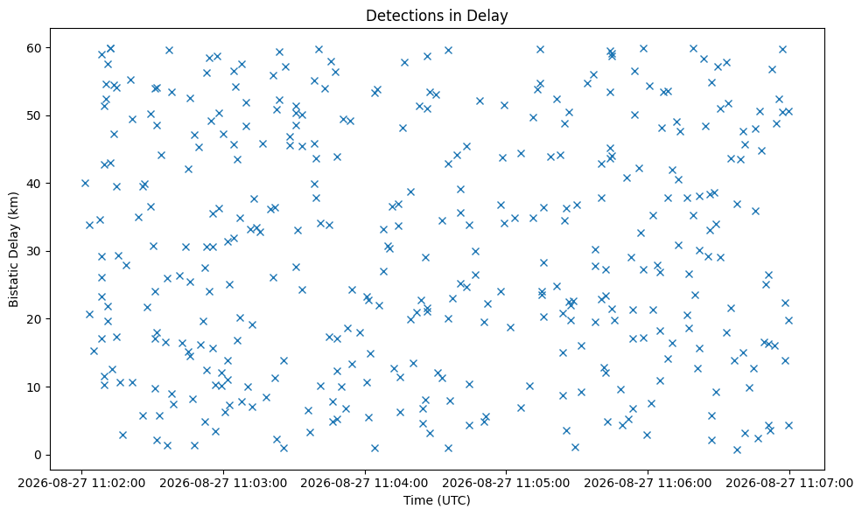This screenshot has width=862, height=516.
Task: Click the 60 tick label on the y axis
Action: [x=35, y=48]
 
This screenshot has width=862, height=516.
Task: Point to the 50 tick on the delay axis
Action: [x=35, y=115]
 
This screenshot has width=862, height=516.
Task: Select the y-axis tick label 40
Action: [x=35, y=184]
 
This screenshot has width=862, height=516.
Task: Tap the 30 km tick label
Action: [x=35, y=251]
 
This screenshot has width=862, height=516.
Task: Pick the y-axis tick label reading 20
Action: [x=35, y=319]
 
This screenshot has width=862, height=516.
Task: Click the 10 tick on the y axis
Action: [x=35, y=387]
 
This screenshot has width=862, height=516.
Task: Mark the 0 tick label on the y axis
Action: [x=39, y=455]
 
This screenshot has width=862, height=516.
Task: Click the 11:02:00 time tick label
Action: [x=82, y=484]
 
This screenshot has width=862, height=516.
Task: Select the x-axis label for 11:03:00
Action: [x=223, y=484]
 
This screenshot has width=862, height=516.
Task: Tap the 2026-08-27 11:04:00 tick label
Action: [x=365, y=484]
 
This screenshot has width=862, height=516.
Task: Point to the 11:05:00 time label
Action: [x=507, y=484]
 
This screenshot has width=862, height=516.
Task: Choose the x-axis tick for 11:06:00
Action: [x=648, y=484]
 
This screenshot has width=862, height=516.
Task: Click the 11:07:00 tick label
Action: [x=789, y=484]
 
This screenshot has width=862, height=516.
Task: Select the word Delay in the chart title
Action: [x=489, y=16]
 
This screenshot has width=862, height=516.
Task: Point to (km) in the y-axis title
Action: [x=14, y=204]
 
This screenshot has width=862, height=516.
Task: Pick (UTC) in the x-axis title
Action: [x=454, y=500]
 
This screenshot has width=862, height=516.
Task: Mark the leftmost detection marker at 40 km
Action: [x=85, y=183]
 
